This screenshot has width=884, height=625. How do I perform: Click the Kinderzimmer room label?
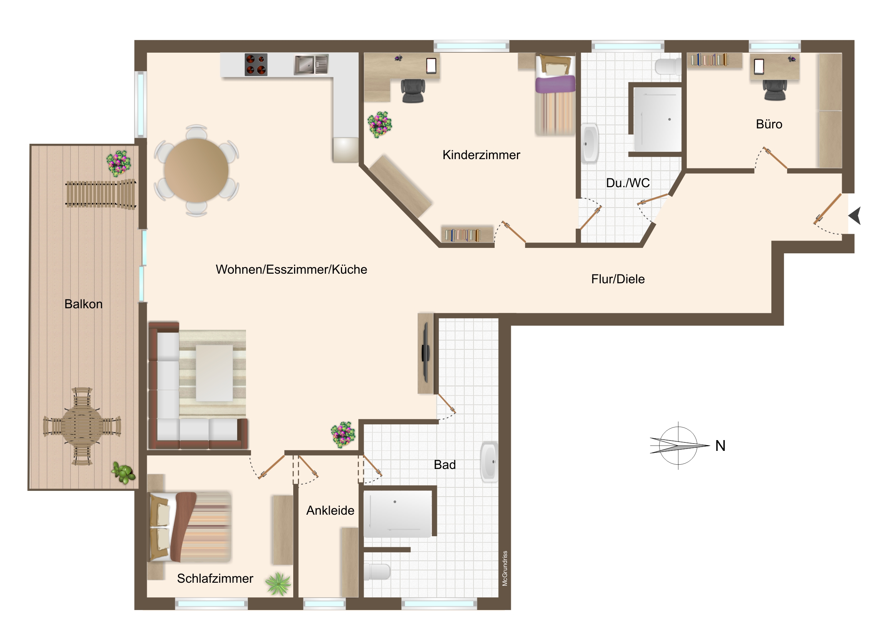coord(481,155)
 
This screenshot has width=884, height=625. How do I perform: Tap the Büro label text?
coord(769,124)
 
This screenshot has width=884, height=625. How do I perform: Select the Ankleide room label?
coord(330,510)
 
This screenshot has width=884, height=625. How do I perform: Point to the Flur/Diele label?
coord(618,279)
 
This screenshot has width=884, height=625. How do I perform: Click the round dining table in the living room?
coord(196,170)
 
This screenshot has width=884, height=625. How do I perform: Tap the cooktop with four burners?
coord(256,64)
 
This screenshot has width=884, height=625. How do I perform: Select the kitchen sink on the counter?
coord(311,64)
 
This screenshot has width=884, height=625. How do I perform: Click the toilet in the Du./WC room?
coord(668,66)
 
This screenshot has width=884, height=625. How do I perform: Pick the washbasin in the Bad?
coord(490,461)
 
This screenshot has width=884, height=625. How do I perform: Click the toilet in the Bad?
coord(377,572)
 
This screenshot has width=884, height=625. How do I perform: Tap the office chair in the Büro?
coord(775,90)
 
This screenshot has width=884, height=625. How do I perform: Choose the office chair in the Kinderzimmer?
coord(413,91)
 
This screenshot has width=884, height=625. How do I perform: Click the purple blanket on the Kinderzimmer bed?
coord(555,84)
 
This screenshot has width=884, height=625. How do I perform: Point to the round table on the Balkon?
coord(82,426)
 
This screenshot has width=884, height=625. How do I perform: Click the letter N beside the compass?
coord(720,445)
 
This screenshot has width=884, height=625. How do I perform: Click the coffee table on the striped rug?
coord(214,373)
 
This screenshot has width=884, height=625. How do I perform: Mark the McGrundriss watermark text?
coord(505,568)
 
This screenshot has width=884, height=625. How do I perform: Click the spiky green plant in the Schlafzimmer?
coord(278,584)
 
